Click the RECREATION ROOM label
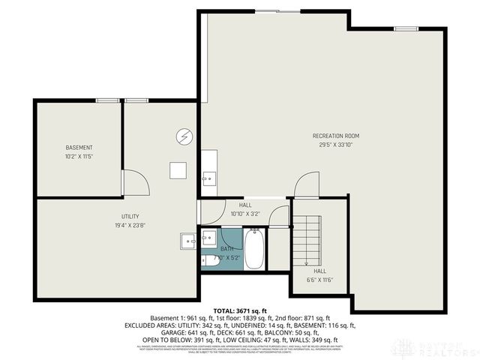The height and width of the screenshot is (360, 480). tap(336, 136)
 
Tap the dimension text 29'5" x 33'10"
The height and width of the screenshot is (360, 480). tap(336, 145)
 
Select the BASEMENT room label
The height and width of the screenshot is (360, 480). tap(79, 147)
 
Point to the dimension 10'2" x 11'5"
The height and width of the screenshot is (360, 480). tap(79, 156)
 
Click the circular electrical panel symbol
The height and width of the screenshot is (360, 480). tap(184, 136)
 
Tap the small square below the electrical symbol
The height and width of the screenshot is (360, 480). tap(177, 170)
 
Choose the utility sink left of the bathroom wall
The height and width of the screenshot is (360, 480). tap(187, 241)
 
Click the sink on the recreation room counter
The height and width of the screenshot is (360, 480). tap(209, 178)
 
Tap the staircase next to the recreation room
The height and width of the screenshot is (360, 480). tap(307, 238)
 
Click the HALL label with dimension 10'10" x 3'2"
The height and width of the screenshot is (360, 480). tap(245, 205)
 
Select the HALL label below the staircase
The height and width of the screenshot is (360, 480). tap(319, 271)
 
